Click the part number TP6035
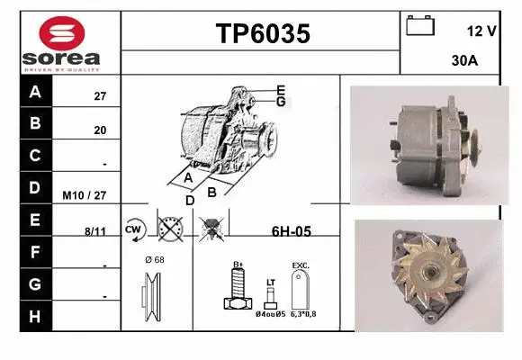tap(263, 34)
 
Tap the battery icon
tap(420, 25)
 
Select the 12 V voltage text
tap(482, 31)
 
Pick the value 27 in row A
tap(100, 95)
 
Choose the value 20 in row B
tap(100, 130)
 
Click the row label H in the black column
tap(35, 316)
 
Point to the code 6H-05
tap(291, 231)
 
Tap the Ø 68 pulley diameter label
tap(154, 260)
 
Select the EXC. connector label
tap(301, 266)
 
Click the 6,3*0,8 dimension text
tap(303, 314)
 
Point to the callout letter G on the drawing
tap(281, 102)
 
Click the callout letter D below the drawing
tap(190, 200)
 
